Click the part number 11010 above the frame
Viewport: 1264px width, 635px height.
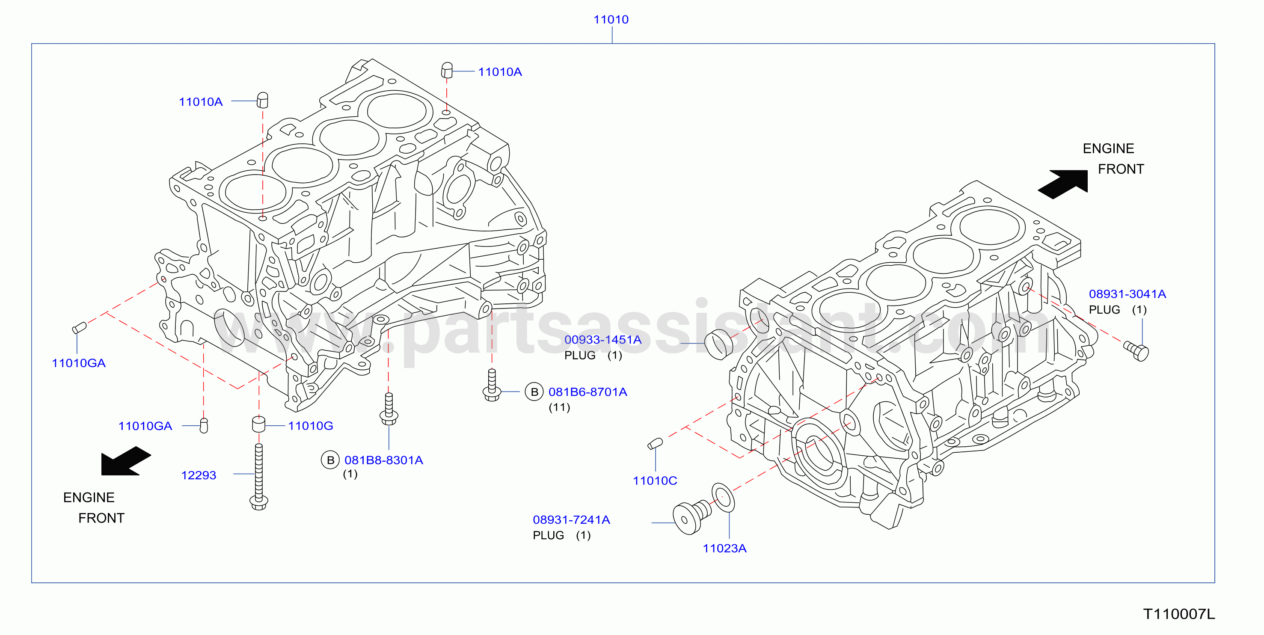[611, 20]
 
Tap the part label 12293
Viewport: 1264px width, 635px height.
[199, 475]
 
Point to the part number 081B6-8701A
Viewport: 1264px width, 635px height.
[588, 392]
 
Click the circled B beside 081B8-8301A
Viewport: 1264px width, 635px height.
[330, 460]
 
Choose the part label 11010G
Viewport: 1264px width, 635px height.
[311, 425]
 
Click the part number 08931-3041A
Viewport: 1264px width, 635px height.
[1127, 294]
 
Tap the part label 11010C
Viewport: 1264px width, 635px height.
[655, 481]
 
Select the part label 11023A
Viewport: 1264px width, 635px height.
[724, 548]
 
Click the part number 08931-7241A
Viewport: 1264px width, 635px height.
[571, 519]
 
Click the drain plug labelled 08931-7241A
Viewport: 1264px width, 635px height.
[691, 517]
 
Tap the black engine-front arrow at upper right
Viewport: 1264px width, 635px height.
[1063, 184]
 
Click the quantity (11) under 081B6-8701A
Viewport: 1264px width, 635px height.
[559, 407]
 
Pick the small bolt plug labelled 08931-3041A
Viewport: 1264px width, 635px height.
[1136, 351]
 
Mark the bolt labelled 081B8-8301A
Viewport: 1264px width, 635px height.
[389, 409]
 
